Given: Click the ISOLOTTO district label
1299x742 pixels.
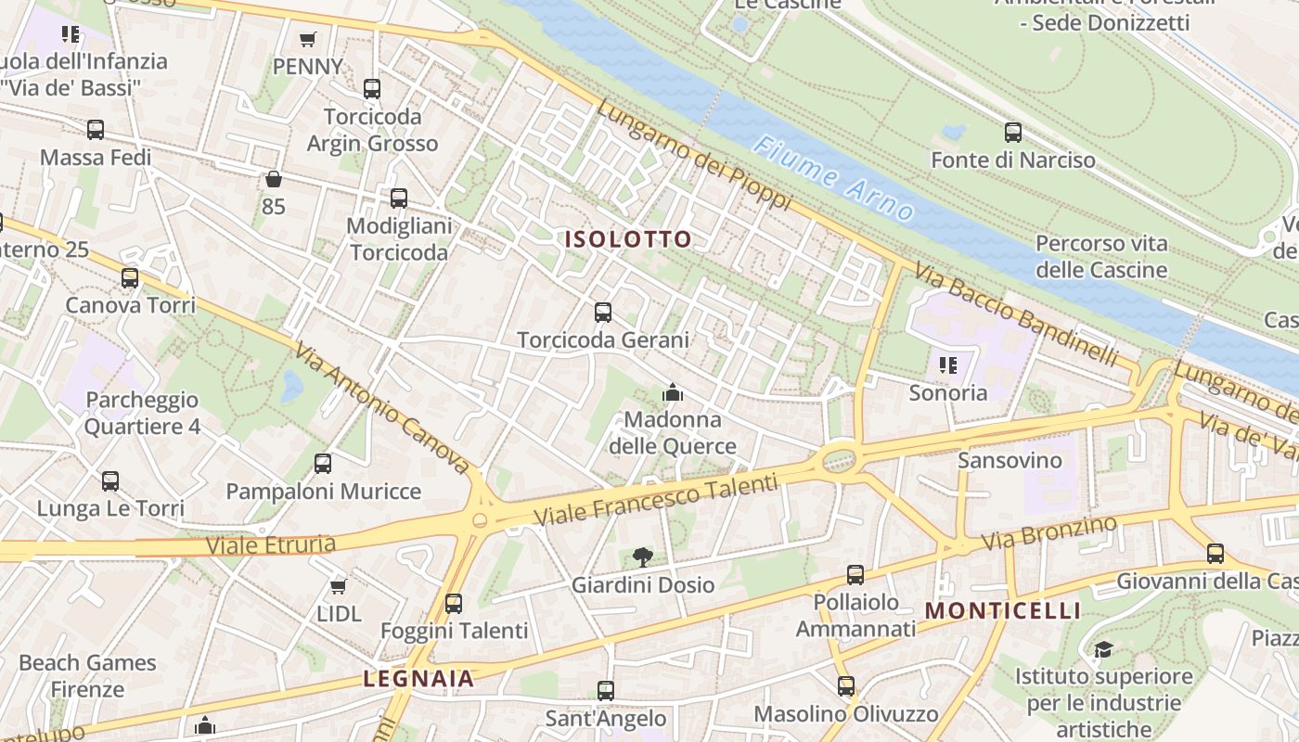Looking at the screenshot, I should coord(628,239).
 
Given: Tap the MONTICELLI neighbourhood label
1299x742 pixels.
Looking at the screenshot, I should coord(1003,610).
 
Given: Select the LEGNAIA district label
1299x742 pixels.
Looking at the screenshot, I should coord(418,678).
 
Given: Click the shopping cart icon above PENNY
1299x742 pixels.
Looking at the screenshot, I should coord(308,39).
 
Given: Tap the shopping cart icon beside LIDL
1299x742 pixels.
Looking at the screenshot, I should coord(339,586).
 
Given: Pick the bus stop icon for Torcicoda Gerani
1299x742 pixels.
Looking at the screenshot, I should coord(603,313).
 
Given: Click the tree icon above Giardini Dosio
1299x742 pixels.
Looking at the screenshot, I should coord(642,556).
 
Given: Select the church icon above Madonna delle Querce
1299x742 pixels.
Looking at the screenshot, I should coord(673,393).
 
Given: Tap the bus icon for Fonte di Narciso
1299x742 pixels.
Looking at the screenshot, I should coord(1012,133).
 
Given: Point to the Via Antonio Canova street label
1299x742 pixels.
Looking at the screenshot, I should coord(383,408).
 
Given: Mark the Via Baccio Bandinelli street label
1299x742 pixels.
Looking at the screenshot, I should coord(1016,313).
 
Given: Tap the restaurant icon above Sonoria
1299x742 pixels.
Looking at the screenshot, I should coord(947,365).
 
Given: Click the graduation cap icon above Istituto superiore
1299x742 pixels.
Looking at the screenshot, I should coord(1102,649).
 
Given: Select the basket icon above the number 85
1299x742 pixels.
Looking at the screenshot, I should coord(273,179).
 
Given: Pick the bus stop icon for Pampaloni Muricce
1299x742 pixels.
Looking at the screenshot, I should coord(323,464).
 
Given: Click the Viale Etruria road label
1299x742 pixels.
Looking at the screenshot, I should coord(270,544).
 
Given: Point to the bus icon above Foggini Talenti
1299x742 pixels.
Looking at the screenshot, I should coord(454,604).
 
